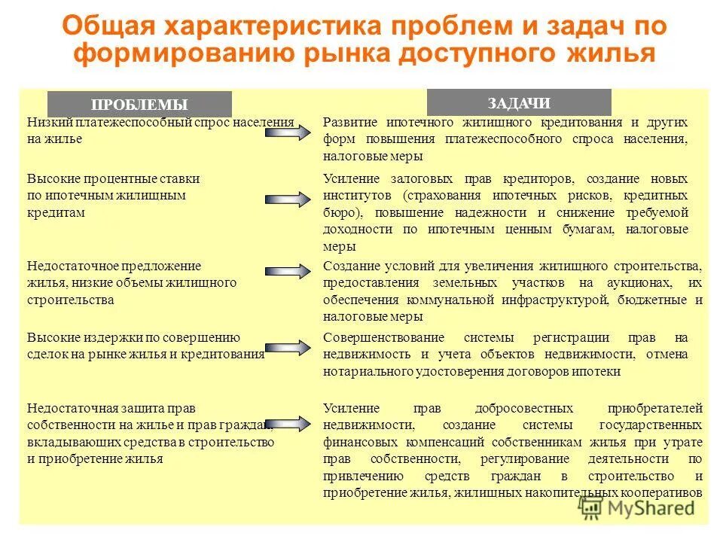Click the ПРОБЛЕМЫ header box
(x=139, y=105)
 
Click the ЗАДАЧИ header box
(x=519, y=102)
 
